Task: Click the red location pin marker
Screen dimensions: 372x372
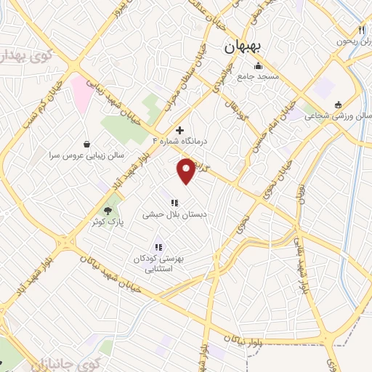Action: click(x=187, y=170)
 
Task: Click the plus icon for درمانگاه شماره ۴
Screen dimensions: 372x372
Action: click(x=180, y=130)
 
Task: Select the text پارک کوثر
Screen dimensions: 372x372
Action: click(x=108, y=222)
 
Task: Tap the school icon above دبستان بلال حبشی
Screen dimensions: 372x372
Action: click(x=174, y=203)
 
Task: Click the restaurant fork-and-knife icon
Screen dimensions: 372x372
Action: click(x=361, y=30)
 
